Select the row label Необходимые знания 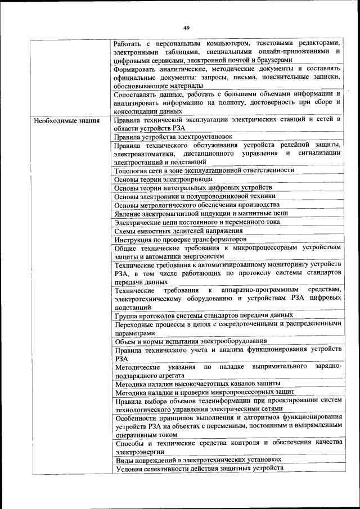pyautogui.click(x=67, y=120)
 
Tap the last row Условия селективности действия pyautogui.click(x=198, y=469)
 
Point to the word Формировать pyautogui.click(x=136, y=68)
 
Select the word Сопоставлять pyautogui.click(x=138, y=93)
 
